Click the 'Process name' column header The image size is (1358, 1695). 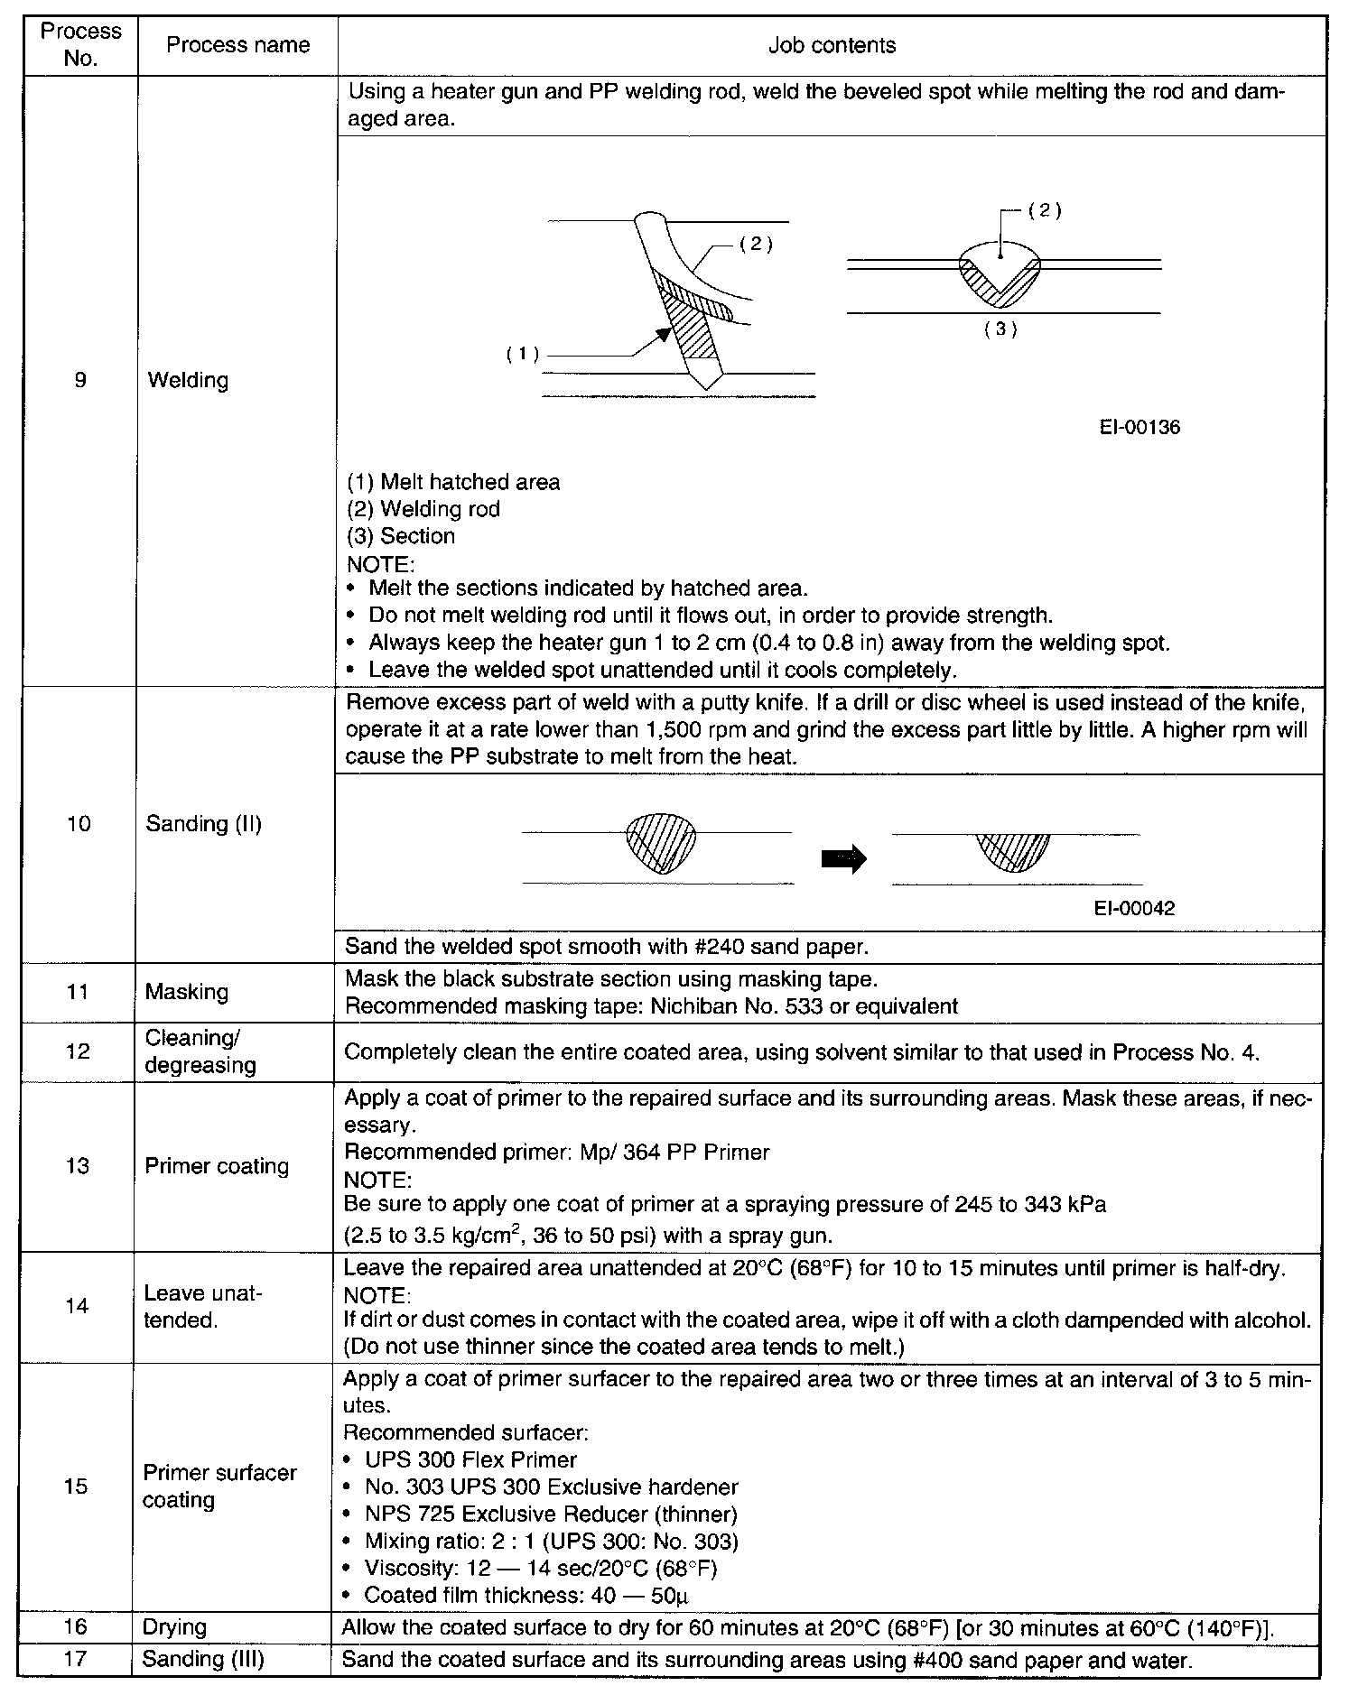tap(237, 45)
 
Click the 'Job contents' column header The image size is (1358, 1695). tap(832, 45)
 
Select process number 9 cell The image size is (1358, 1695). tap(80, 380)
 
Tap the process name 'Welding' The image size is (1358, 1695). tap(188, 380)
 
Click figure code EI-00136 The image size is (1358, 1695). tap(1139, 428)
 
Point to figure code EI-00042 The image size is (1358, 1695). tap(1134, 909)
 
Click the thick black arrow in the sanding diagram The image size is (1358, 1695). tap(843, 858)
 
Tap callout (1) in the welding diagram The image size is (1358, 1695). tap(522, 355)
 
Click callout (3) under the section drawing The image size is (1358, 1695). tap(1000, 329)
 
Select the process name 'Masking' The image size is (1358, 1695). tap(187, 992)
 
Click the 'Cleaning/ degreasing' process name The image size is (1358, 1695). tap(200, 1051)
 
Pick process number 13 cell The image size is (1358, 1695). tap(78, 1165)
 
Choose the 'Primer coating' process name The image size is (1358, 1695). tap(217, 1165)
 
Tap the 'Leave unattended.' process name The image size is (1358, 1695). tap(202, 1307)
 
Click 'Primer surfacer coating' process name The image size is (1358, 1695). tap(219, 1486)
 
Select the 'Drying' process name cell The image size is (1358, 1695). tap(175, 1627)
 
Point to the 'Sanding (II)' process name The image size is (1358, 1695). tap(203, 824)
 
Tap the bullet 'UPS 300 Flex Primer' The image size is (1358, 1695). tap(470, 1459)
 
